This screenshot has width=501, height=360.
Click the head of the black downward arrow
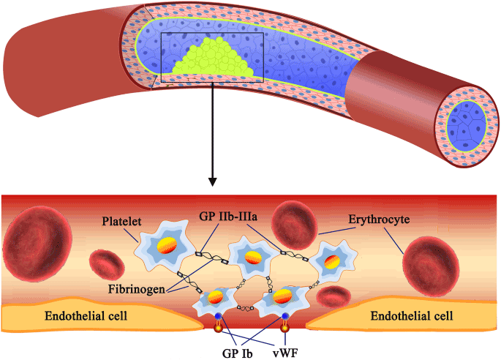[212, 179]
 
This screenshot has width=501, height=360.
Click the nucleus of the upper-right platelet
[331, 260]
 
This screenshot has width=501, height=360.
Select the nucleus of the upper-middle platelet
[252, 257]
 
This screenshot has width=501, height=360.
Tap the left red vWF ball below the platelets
[217, 329]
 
